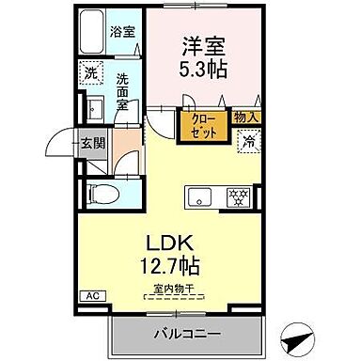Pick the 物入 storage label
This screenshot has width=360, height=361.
click(x=246, y=117)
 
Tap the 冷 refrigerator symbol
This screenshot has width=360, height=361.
click(x=246, y=142)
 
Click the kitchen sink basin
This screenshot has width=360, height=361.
click(x=200, y=196)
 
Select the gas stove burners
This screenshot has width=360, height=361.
click(x=239, y=196)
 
